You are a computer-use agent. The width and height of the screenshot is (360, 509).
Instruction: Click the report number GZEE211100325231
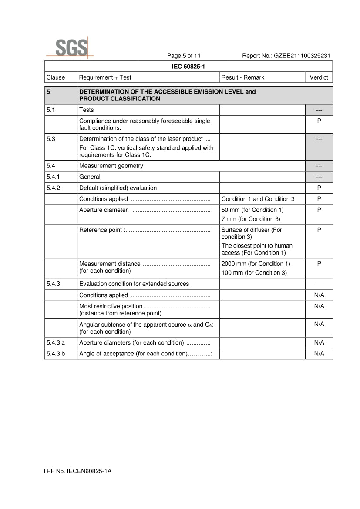point(286,56)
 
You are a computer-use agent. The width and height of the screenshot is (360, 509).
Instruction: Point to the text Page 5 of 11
point(184,56)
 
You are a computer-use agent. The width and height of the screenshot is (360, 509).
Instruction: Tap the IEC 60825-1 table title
point(188,67)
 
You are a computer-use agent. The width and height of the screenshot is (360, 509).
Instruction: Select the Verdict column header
point(319,77)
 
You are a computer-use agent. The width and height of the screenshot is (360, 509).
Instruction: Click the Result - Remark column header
point(243,77)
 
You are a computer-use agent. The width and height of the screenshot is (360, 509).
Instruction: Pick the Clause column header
point(56,77)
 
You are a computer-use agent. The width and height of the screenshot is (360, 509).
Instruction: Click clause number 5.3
point(51,139)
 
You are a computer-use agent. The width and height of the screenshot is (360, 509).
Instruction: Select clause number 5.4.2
point(54,188)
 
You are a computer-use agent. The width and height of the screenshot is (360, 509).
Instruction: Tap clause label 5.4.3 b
point(56,354)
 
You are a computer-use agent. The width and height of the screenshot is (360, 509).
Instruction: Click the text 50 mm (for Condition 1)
point(252,210)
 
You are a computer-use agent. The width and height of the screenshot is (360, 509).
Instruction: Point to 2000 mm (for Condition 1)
point(256,264)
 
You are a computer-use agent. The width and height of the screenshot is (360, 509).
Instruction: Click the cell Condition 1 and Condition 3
point(258,199)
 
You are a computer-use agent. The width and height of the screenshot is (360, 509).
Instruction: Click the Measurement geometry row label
point(111,166)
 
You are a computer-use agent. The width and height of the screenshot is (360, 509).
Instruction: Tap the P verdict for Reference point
point(319,230)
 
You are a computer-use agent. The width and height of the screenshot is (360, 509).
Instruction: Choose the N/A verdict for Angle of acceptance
point(319,354)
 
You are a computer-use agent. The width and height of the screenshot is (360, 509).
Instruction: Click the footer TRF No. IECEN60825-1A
point(77,471)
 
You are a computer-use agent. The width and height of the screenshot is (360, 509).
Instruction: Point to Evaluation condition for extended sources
point(134,284)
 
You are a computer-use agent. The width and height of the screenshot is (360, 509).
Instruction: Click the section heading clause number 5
point(49,92)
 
